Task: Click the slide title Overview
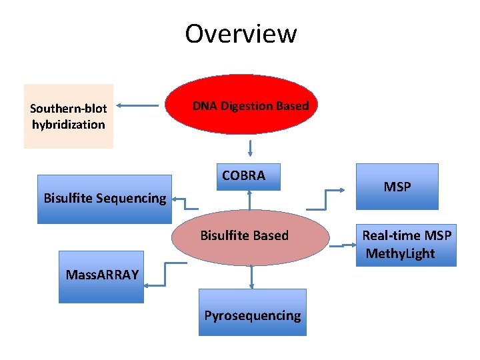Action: pos(241,33)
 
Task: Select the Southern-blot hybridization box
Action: pos(69,116)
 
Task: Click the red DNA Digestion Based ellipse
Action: pos(250,105)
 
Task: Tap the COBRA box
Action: pos(248,177)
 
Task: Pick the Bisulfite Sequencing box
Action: pos(105,199)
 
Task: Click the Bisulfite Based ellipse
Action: pos(251,237)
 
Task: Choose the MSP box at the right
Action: pos(397,187)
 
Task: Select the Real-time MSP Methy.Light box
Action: pos(406,245)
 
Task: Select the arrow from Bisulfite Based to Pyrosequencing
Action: pos(251,277)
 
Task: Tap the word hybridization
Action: pos(69,125)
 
